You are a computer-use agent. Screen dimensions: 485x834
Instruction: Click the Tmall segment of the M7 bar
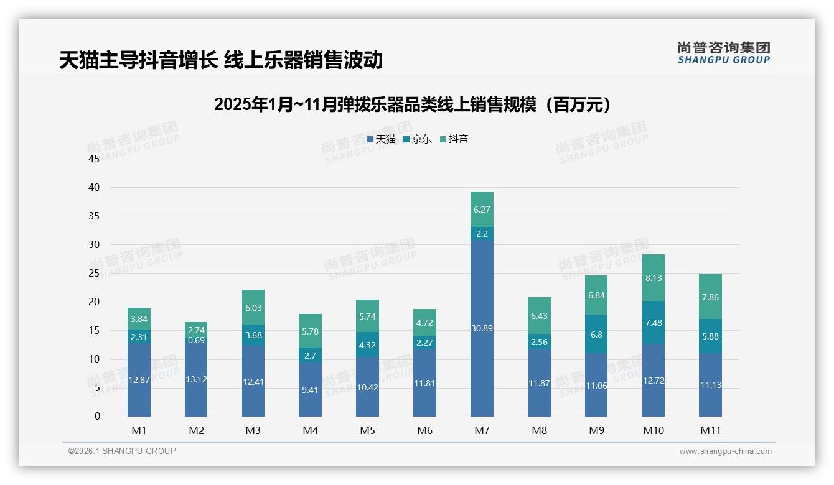click(x=482, y=328)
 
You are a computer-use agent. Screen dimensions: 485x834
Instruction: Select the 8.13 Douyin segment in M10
click(x=654, y=278)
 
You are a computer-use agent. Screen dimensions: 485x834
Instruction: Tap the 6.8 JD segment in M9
click(x=596, y=334)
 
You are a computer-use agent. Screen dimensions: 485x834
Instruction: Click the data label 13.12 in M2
click(x=196, y=380)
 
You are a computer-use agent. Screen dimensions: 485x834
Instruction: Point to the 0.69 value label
click(x=196, y=340)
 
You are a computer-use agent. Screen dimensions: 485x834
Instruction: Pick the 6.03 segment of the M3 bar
click(x=253, y=307)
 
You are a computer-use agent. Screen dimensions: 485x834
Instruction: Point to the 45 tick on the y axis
click(x=94, y=159)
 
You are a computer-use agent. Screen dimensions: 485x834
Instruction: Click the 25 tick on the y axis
click(x=94, y=273)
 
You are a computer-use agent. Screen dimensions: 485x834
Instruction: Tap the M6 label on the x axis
click(x=424, y=430)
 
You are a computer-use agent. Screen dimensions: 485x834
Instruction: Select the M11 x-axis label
click(x=710, y=430)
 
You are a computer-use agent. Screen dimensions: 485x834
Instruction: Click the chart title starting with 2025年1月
click(x=412, y=104)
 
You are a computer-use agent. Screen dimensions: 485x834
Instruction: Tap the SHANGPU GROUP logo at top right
click(x=723, y=52)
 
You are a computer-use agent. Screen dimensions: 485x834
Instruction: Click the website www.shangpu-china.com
click(x=725, y=451)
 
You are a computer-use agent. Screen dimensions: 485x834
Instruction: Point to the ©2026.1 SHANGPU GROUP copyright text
click(x=122, y=451)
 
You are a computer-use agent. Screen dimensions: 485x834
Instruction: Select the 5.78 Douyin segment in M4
click(x=310, y=331)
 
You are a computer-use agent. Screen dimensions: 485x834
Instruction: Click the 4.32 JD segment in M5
click(x=367, y=344)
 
